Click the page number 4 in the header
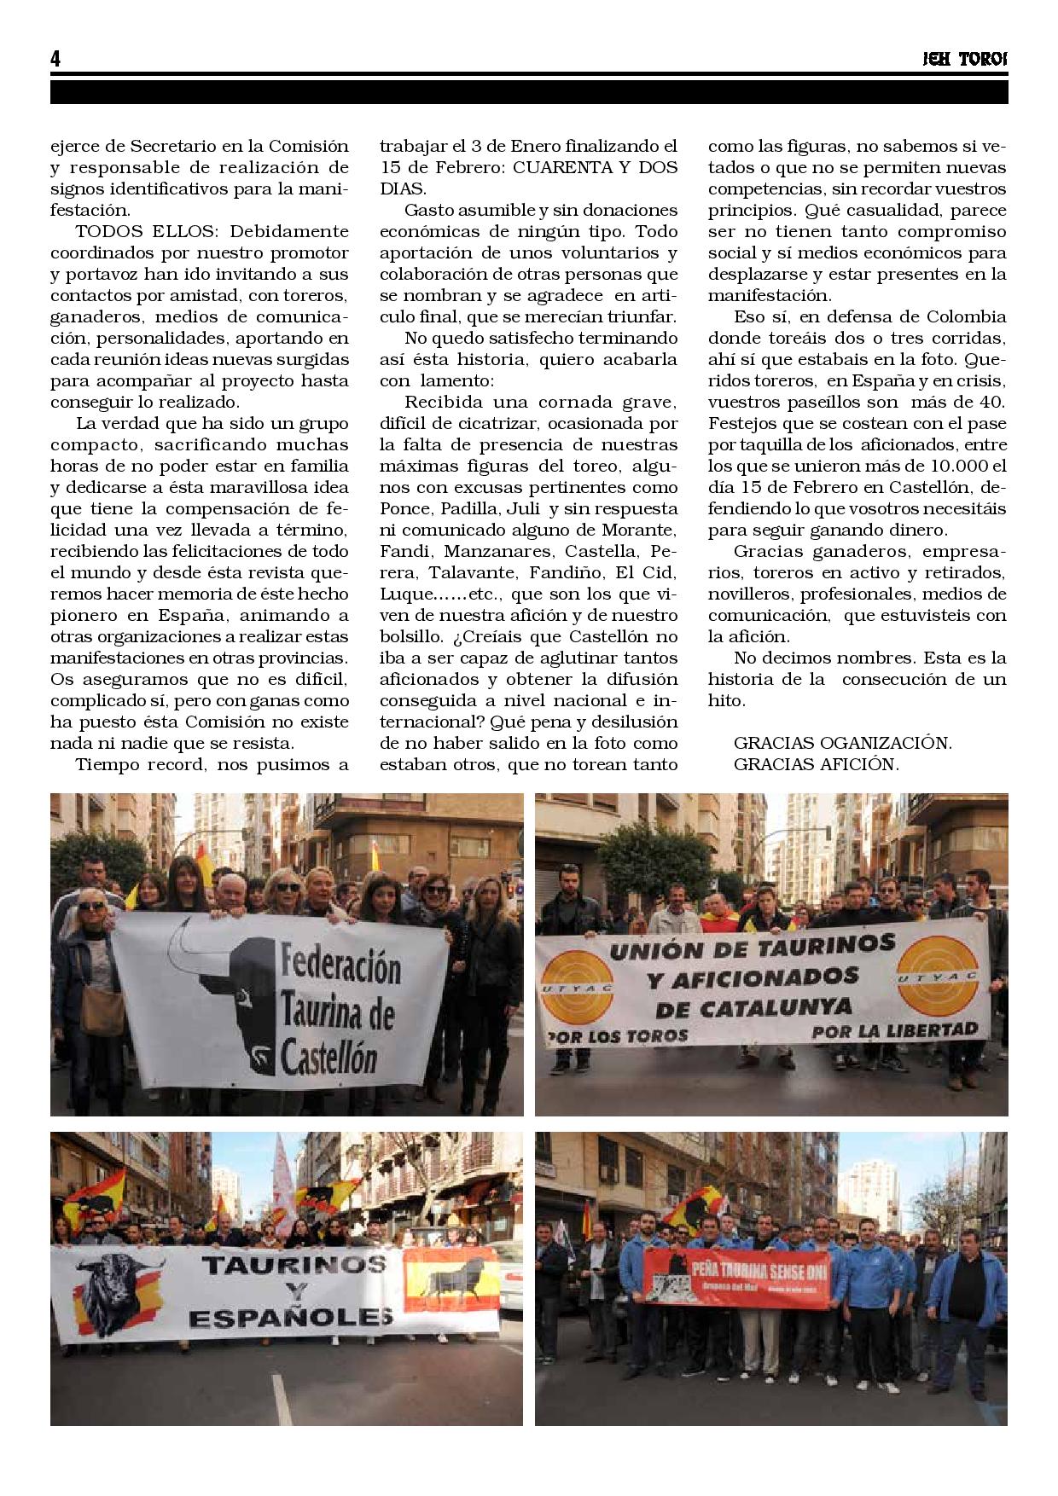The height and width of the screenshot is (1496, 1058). pos(55,59)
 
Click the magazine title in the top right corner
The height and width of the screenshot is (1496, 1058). pos(965,60)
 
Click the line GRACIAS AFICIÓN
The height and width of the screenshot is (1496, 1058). pos(816,764)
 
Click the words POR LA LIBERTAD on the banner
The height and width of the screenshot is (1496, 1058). pos(894,1030)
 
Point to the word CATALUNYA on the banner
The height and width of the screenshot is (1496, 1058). pos(754,1007)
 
